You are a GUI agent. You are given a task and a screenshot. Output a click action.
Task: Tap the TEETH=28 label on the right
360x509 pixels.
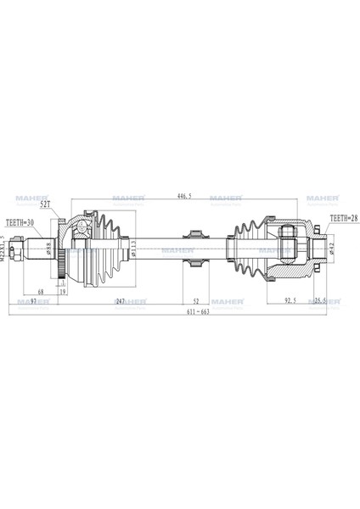click(x=344, y=219)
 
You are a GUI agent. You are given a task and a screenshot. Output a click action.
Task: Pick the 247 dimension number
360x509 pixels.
click(x=121, y=301)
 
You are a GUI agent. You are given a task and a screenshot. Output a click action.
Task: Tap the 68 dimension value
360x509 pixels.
click(x=41, y=293)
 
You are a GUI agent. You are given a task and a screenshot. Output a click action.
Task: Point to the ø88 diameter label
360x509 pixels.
click(x=49, y=249)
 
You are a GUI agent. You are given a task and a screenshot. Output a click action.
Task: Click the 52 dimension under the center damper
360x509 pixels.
click(x=195, y=301)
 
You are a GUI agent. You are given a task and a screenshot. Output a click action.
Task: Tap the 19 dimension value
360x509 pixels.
click(x=64, y=293)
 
